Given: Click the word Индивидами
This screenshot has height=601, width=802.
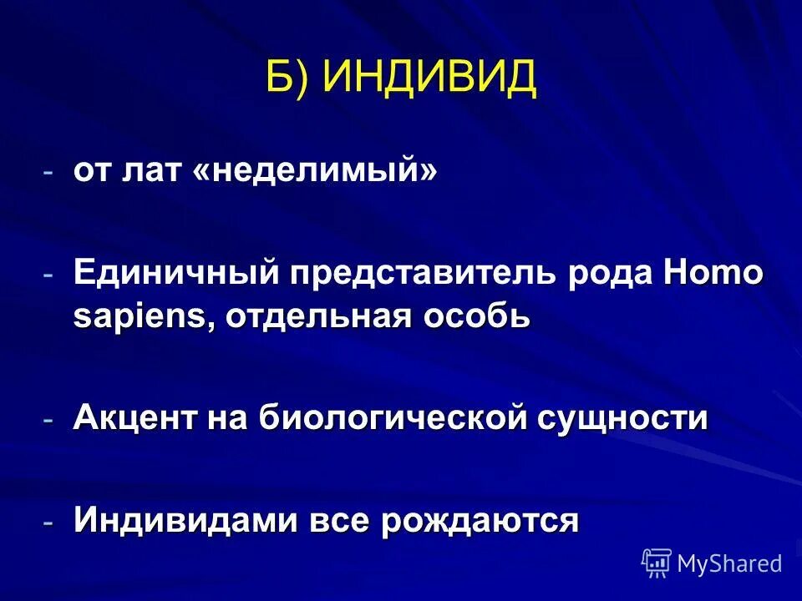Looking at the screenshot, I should point(185,520).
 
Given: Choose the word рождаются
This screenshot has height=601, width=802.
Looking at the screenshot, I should point(480,520).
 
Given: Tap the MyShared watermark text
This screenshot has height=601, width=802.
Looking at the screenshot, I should point(729,563).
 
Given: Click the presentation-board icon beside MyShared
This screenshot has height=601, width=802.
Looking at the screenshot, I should point(657,563).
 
